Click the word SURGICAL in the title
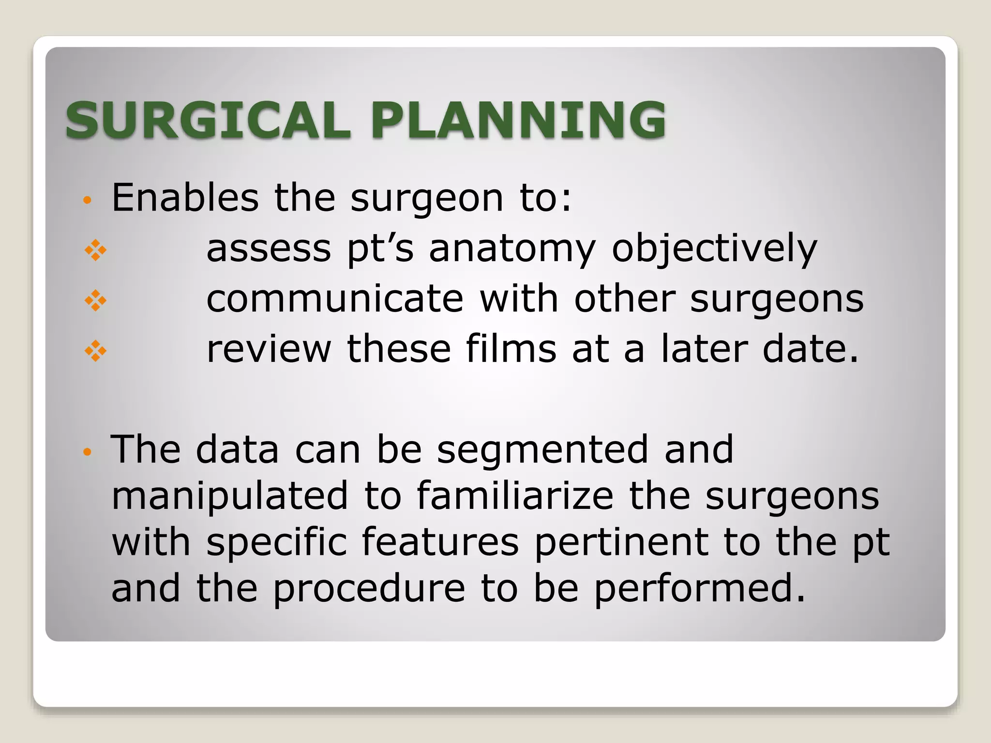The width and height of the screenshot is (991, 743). click(208, 120)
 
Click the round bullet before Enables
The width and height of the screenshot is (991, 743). click(87, 200)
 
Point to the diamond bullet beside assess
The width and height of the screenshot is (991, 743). click(95, 250)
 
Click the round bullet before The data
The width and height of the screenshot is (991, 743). click(87, 452)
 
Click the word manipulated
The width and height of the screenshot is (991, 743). click(230, 496)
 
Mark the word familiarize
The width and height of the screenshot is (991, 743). click(515, 495)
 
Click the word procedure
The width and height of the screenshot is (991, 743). click(369, 589)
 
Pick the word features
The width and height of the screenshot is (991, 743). click(440, 542)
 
